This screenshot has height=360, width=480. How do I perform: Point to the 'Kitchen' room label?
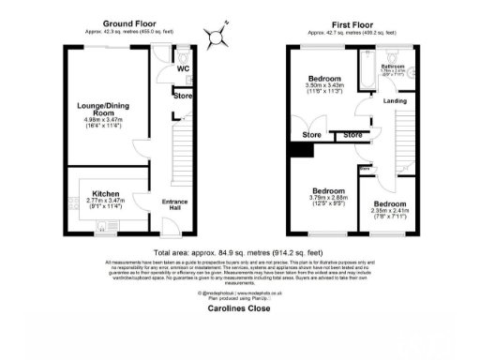(x=97, y=193)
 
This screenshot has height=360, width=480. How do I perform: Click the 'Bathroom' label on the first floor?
(x=396, y=67)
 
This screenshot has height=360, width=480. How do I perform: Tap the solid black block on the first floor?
(x=299, y=150)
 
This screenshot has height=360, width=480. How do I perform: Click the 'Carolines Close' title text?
(x=240, y=304)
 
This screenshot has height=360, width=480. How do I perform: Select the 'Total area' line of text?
(x=240, y=250)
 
